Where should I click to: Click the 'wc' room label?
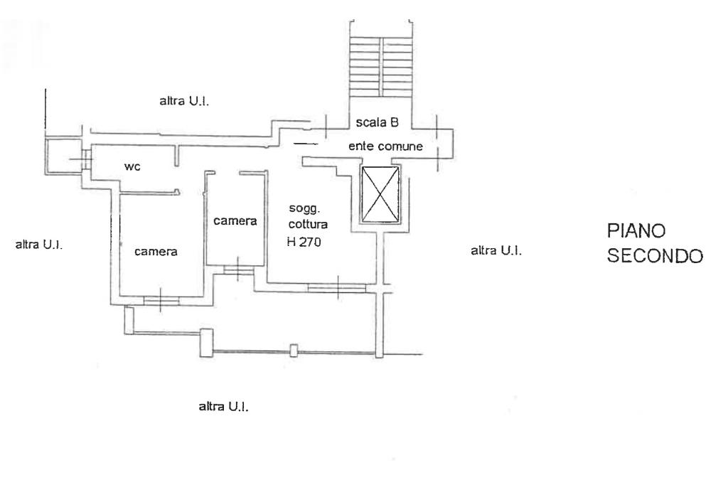pyautogui.click(x=132, y=166)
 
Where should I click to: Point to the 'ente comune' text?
pyautogui.click(x=385, y=146)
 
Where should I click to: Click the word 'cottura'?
pyautogui.click(x=304, y=224)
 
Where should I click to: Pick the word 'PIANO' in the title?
pyautogui.click(x=636, y=232)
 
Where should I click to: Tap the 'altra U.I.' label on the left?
pyautogui.click(x=38, y=245)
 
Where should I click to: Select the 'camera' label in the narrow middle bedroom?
pyautogui.click(x=235, y=221)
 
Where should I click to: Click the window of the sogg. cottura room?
pyautogui.click(x=337, y=287)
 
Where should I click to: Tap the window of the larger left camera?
pyautogui.click(x=161, y=300)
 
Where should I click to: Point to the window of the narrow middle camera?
pyautogui.click(x=237, y=269)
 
